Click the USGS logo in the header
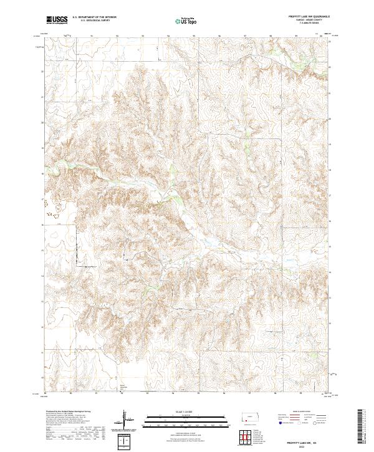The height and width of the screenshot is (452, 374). (57, 19)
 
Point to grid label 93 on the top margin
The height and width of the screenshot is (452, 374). (144, 36)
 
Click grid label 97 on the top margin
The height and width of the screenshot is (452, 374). (246, 36)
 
